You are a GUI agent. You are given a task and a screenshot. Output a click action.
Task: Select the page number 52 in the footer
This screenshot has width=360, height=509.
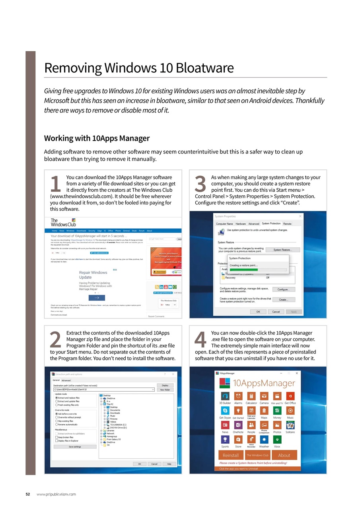28,494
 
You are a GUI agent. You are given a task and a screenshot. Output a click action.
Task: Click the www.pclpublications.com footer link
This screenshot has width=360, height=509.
56,494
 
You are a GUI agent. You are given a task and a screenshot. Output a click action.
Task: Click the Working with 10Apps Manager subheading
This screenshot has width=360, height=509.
97,138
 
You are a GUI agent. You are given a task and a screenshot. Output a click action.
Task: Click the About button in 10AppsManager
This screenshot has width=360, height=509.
284,455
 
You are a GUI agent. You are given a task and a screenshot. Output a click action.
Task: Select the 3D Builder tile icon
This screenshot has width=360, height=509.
225,396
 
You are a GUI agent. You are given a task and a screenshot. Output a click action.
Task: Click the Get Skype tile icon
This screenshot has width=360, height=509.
225,410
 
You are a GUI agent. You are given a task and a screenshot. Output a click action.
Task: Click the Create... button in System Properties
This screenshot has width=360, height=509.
284,300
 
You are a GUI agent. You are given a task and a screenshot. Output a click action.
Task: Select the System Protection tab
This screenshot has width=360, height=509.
271,223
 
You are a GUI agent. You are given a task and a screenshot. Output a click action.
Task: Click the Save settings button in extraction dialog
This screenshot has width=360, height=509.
75,447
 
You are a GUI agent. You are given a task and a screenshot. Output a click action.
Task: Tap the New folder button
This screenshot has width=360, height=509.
165,390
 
